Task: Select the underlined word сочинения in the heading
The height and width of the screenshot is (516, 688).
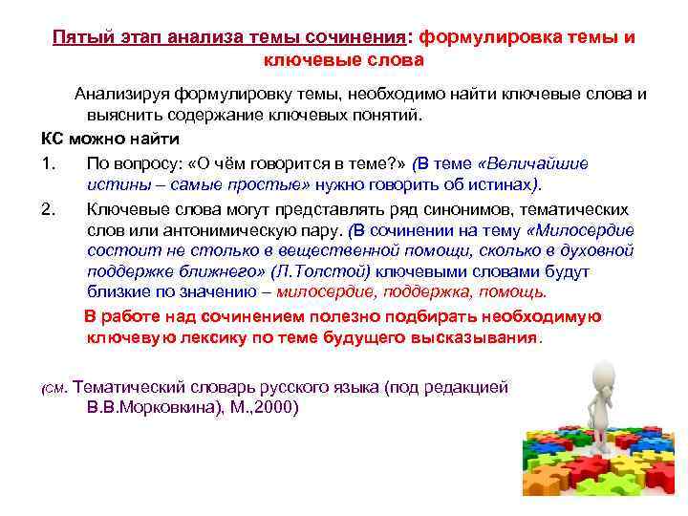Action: (356, 38)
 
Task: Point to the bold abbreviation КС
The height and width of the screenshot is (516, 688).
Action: (53, 138)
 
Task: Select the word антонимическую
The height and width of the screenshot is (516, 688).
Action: (221, 230)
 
